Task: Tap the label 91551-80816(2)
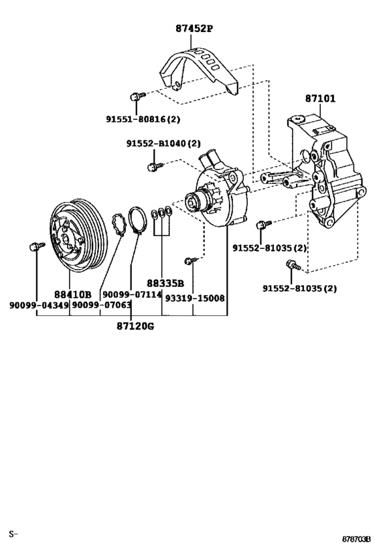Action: [143, 119]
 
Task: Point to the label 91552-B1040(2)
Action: [163, 143]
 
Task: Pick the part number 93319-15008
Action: [196, 298]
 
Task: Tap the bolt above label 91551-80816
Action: [137, 96]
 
